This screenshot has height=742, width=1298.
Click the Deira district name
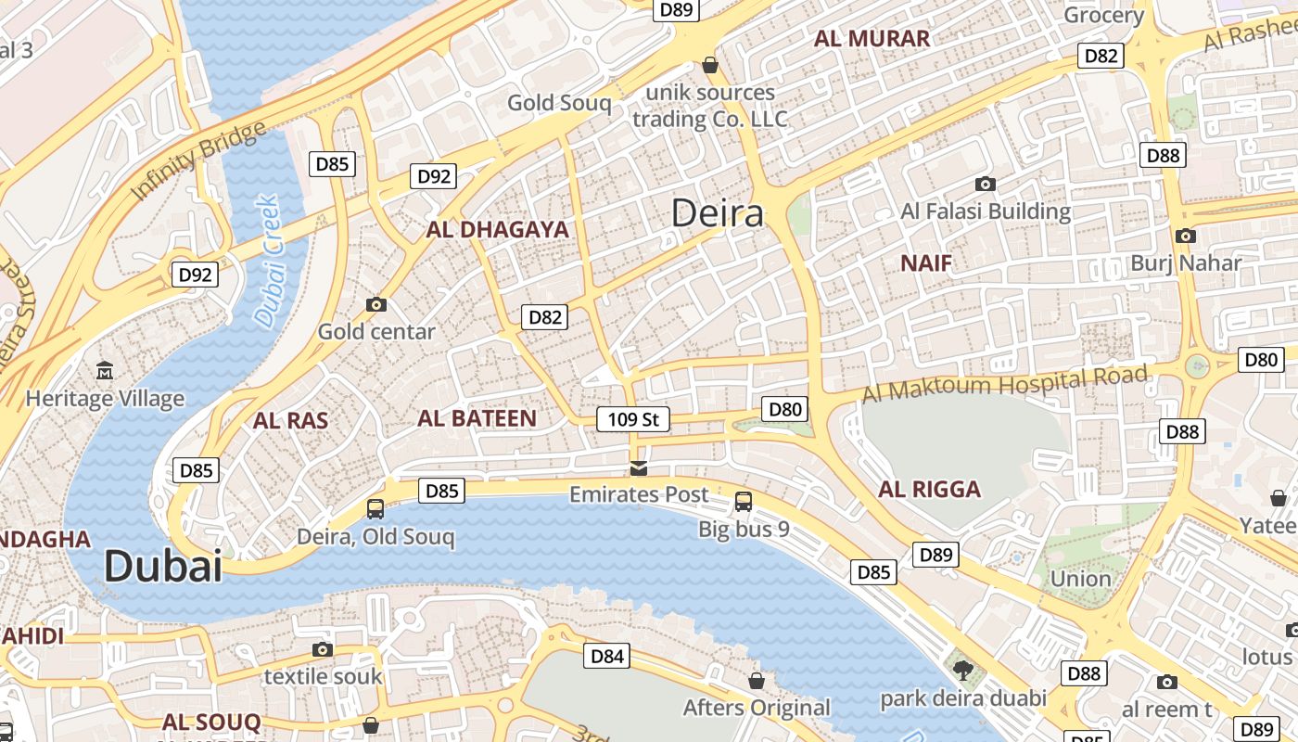point(718,213)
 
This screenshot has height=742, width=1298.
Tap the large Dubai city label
point(163,566)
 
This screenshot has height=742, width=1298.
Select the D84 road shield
point(607,657)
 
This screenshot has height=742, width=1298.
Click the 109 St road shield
point(633,419)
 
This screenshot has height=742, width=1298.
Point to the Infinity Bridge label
point(198,160)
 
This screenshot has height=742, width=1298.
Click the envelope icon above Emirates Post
point(639,467)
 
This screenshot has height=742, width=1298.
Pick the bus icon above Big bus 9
point(744,502)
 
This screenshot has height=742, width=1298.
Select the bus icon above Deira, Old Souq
point(375,508)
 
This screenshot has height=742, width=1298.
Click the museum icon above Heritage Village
point(105,371)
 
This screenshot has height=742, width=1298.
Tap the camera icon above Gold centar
point(376,304)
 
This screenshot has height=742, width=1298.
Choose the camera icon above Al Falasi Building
point(986,184)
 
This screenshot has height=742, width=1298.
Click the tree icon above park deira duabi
point(963,670)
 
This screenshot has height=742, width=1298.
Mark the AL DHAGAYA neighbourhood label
point(497,230)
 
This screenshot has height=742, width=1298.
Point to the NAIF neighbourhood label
point(926,263)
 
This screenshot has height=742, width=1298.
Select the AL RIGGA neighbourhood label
point(929,490)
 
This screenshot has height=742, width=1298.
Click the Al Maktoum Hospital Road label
point(1005,384)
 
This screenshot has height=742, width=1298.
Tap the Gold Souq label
point(559,103)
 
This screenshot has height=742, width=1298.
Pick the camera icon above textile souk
point(323,649)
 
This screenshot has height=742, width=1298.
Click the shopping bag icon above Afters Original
point(757,681)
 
